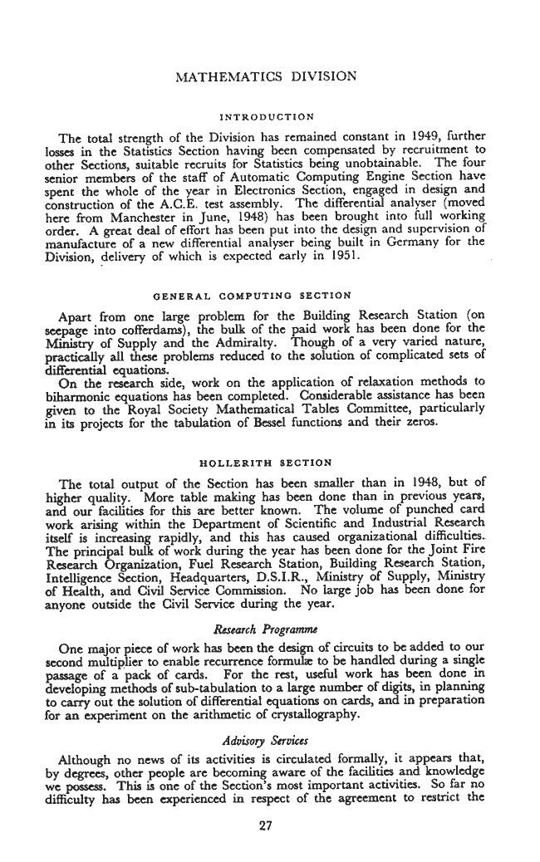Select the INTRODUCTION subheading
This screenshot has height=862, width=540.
[x=268, y=117]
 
